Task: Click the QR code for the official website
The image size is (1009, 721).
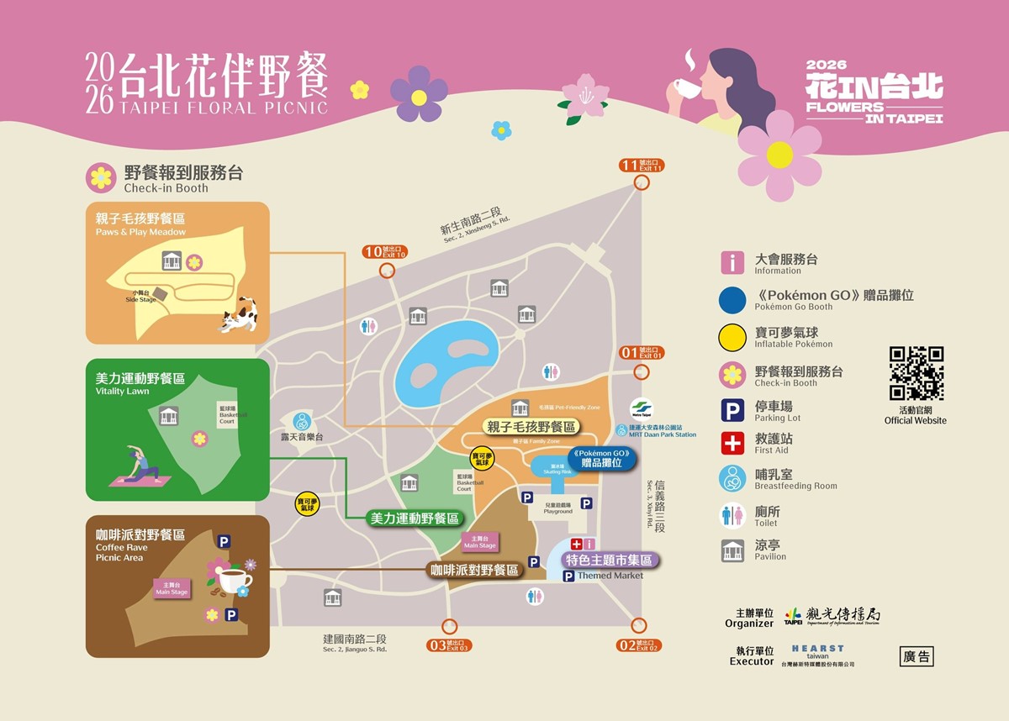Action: (x=916, y=373)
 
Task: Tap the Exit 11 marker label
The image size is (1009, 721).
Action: (x=642, y=165)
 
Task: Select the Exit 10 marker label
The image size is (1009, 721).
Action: (x=385, y=251)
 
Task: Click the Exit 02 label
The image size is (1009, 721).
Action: (x=637, y=645)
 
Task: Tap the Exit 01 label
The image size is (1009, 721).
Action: (x=642, y=353)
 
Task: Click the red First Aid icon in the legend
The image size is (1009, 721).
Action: (x=732, y=443)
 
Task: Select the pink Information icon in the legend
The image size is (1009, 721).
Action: (x=732, y=263)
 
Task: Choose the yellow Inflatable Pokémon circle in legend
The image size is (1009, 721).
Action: (x=732, y=337)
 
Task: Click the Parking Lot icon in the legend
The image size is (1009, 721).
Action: (x=732, y=410)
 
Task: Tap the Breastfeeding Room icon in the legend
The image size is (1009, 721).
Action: (x=732, y=478)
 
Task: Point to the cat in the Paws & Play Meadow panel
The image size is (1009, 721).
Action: (x=239, y=315)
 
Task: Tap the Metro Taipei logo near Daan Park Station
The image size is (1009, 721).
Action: (x=642, y=409)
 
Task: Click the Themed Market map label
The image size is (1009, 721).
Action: (x=610, y=576)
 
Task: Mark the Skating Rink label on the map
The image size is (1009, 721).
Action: (x=556, y=469)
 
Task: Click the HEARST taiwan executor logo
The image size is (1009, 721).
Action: (x=817, y=652)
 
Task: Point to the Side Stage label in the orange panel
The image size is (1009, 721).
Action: (x=140, y=296)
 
